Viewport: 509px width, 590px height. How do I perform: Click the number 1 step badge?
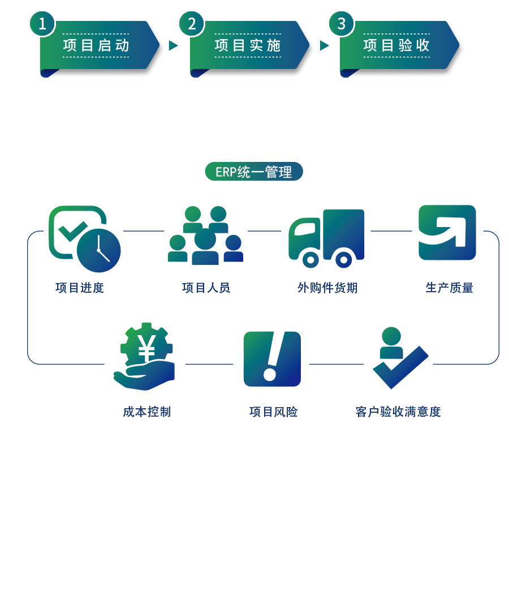(42, 24)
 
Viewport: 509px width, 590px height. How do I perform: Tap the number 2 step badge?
(192, 24)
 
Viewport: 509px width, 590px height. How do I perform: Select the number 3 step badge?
(341, 24)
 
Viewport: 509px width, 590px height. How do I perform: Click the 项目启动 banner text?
(96, 46)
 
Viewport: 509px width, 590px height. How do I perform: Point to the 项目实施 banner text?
(247, 46)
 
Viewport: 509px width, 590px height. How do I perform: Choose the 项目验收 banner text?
(396, 46)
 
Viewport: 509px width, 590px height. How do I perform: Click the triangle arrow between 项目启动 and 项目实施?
(173, 46)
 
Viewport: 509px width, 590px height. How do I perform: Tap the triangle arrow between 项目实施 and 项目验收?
(324, 46)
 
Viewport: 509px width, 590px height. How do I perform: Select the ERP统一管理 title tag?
(253, 172)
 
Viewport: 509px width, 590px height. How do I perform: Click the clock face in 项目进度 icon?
(99, 250)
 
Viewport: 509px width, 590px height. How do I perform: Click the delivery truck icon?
(327, 237)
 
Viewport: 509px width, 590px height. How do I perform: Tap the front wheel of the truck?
(310, 259)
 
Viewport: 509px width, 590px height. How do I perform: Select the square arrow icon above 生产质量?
(447, 232)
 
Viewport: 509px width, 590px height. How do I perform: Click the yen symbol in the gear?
(146, 349)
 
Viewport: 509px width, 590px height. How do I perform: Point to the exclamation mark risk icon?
(271, 358)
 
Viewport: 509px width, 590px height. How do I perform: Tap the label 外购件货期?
(327, 288)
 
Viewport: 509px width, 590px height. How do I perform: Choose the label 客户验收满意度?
(398, 412)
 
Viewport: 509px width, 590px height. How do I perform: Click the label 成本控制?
(146, 412)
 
